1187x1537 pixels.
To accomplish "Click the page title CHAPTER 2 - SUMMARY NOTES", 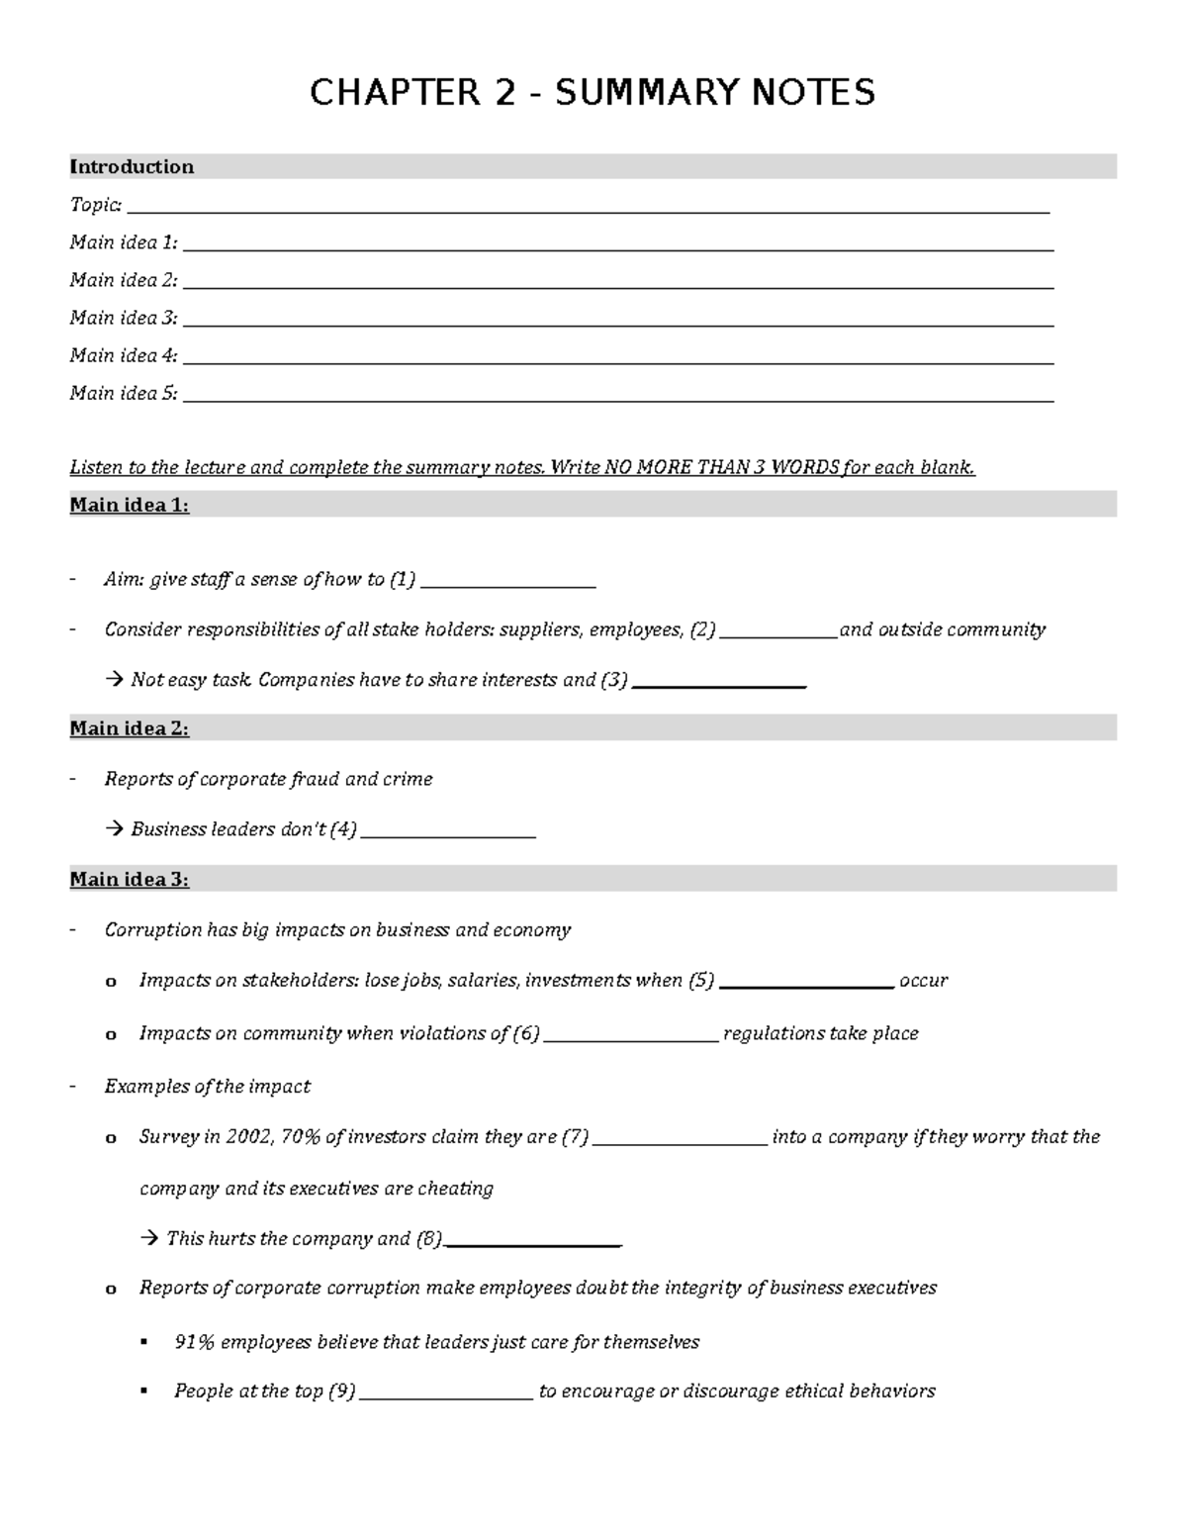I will click(592, 93).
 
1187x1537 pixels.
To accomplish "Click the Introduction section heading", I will click(132, 166).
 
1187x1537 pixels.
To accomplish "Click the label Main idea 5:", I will click(124, 393).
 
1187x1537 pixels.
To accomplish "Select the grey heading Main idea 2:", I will click(130, 728).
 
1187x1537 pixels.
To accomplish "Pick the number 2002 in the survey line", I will click(247, 1137).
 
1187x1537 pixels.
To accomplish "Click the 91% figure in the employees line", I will click(194, 1342).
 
